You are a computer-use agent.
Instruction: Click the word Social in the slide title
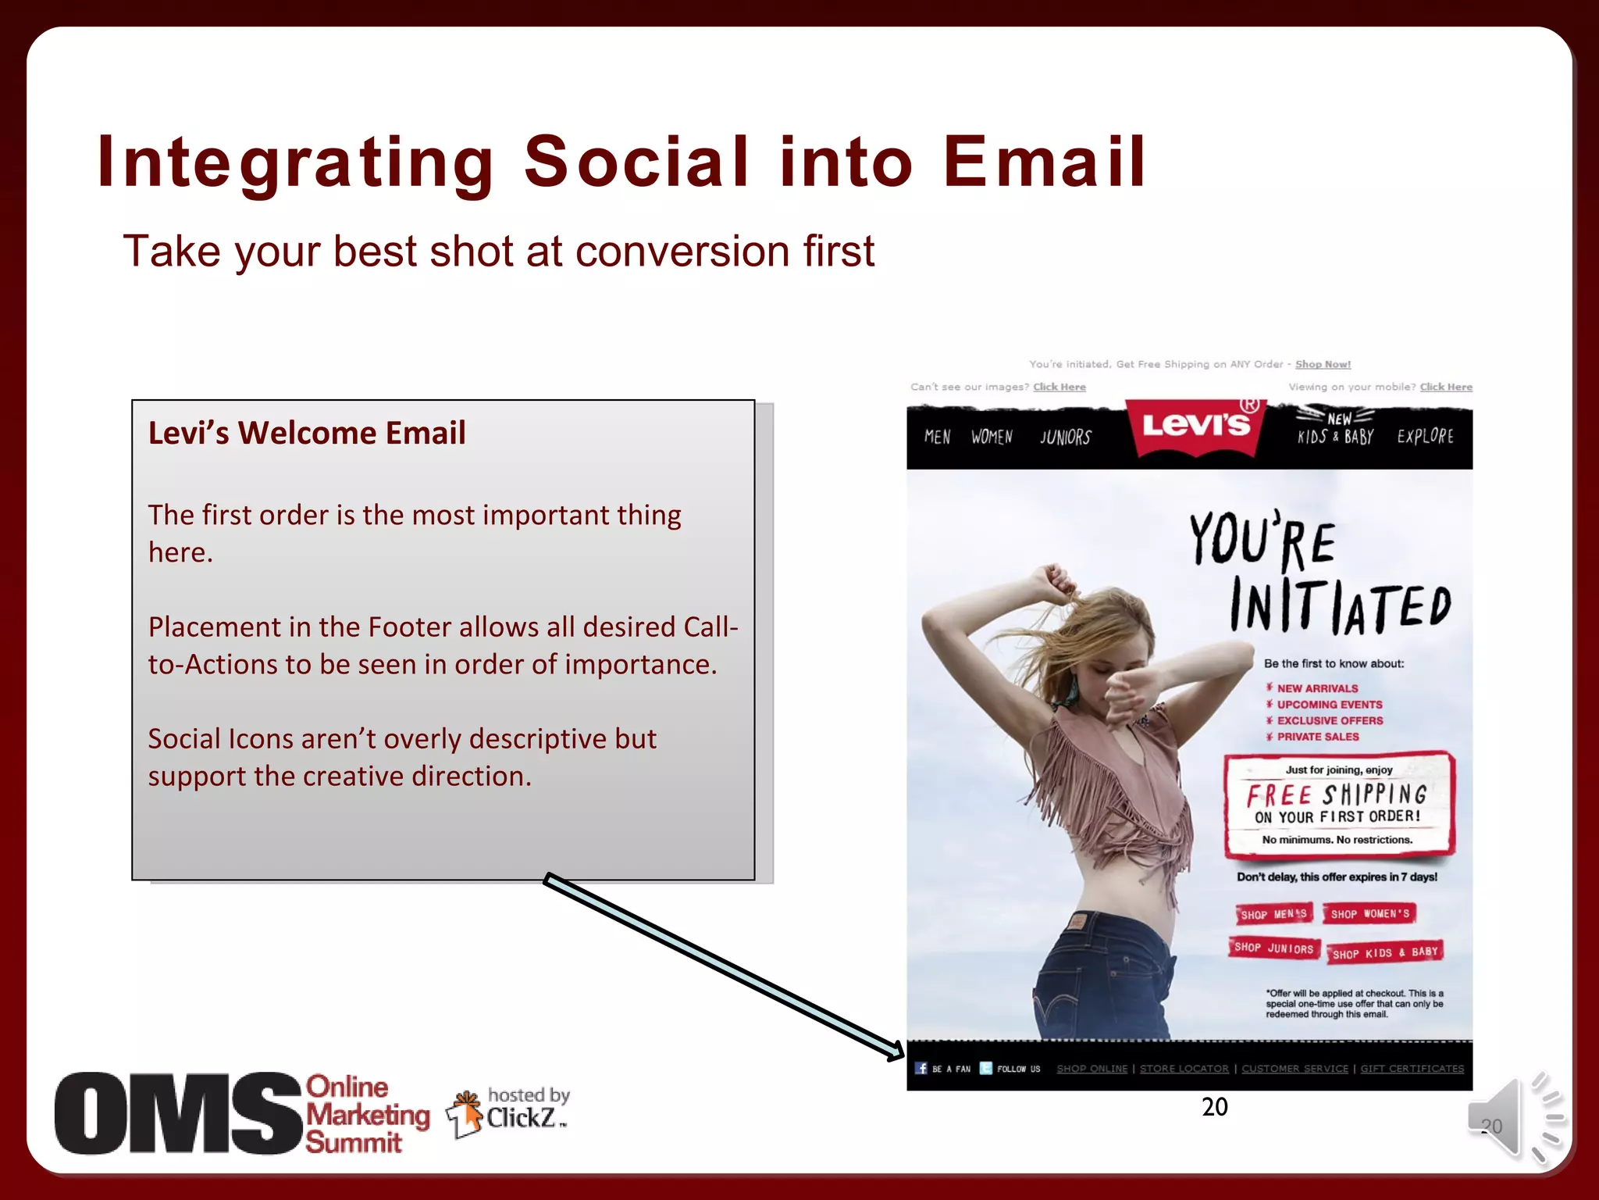point(636,162)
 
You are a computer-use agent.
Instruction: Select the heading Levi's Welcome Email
point(307,433)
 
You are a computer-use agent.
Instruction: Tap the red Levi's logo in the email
point(1195,426)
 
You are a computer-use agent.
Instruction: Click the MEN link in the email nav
point(937,437)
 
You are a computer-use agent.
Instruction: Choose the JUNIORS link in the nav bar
point(1065,437)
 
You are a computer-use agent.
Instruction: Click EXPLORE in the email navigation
point(1425,436)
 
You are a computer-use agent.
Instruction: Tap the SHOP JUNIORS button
point(1273,948)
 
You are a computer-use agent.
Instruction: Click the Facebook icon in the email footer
point(921,1068)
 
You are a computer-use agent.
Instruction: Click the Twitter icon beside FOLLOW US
point(985,1068)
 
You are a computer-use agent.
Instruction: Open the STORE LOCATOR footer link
point(1184,1068)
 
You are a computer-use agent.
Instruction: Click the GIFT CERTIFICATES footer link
point(1412,1068)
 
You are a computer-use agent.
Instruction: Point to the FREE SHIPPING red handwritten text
point(1337,795)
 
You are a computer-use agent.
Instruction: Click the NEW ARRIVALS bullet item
point(1317,688)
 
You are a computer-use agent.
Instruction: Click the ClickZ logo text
point(521,1118)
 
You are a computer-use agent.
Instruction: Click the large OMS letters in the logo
point(178,1114)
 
